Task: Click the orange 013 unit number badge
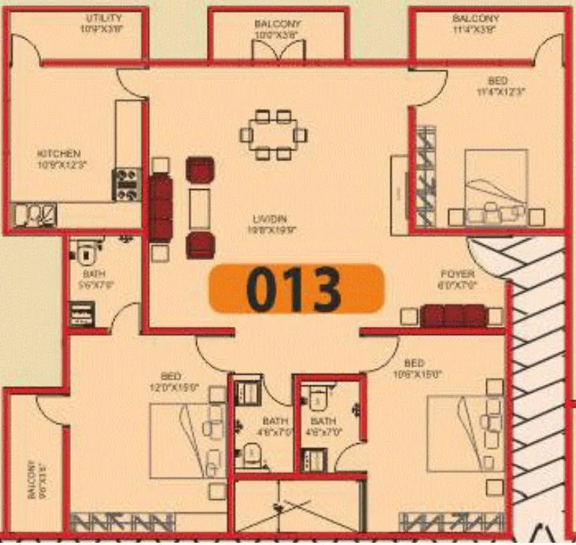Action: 295,289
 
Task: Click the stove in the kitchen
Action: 127,184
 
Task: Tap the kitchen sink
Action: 34,215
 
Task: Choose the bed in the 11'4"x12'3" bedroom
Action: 495,184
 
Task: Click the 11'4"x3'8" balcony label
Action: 475,22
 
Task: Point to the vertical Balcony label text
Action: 32,480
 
